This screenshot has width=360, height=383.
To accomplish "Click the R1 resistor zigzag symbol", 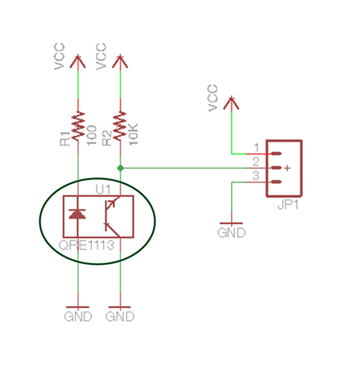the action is coord(78,126).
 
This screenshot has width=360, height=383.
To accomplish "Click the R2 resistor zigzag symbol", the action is coord(120,126).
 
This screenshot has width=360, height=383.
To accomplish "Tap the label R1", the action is coord(65,138).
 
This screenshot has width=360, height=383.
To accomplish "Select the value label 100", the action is coord(92,135).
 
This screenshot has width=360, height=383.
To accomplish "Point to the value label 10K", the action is coord(133,135).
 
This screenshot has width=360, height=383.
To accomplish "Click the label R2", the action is coord(107,138).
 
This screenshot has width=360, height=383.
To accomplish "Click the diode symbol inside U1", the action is coord(77,214).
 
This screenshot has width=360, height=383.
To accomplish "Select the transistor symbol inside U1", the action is coord(112,217).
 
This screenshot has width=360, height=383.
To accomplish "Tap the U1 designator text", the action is coord(103,189).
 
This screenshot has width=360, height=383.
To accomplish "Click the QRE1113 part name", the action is coord(86,245).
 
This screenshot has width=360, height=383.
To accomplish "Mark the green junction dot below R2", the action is coord(120,168).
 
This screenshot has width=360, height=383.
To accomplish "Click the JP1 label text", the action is coord(288,205).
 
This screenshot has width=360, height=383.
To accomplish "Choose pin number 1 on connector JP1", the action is coord(256,148).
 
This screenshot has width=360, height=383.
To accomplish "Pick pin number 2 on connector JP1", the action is coord(255,162).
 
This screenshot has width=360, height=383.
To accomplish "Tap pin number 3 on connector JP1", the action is coord(256,176).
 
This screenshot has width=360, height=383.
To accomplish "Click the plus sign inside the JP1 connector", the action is coord(288,168).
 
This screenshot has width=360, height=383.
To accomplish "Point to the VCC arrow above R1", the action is coord(78,62).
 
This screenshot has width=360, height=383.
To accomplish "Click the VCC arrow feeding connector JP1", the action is coord(231,103).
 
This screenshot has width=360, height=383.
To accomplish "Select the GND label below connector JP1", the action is coord(231,232).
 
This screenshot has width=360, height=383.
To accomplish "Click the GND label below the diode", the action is coord(78,316).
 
